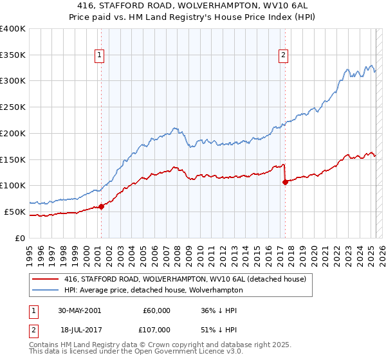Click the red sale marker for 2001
(102, 206)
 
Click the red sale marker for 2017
(285, 182)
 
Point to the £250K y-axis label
(13, 107)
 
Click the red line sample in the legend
(46, 280)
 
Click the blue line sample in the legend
(46, 290)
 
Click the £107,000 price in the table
(157, 329)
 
